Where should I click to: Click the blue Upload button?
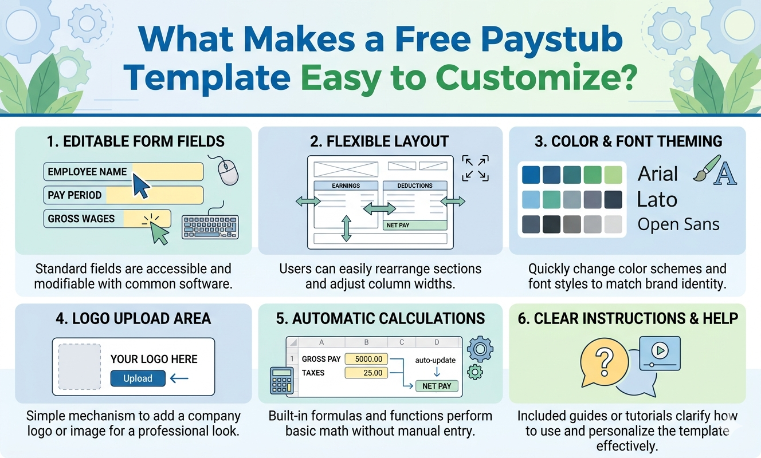point(138,378)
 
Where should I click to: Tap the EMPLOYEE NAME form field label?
point(87,172)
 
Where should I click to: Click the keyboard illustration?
point(210,227)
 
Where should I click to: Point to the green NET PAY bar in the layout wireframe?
point(415,225)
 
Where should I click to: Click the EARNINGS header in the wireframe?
point(346,185)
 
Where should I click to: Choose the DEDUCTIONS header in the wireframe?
point(415,185)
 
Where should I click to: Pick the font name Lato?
point(657,199)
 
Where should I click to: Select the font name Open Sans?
point(678,224)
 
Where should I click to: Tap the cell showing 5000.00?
point(366,359)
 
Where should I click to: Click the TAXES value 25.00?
point(366,373)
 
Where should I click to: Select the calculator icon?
point(281,381)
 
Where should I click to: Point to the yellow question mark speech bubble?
point(604,362)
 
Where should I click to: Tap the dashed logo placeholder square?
point(80,366)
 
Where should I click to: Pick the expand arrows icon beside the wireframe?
point(475,168)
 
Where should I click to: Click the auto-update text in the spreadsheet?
point(435,360)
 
